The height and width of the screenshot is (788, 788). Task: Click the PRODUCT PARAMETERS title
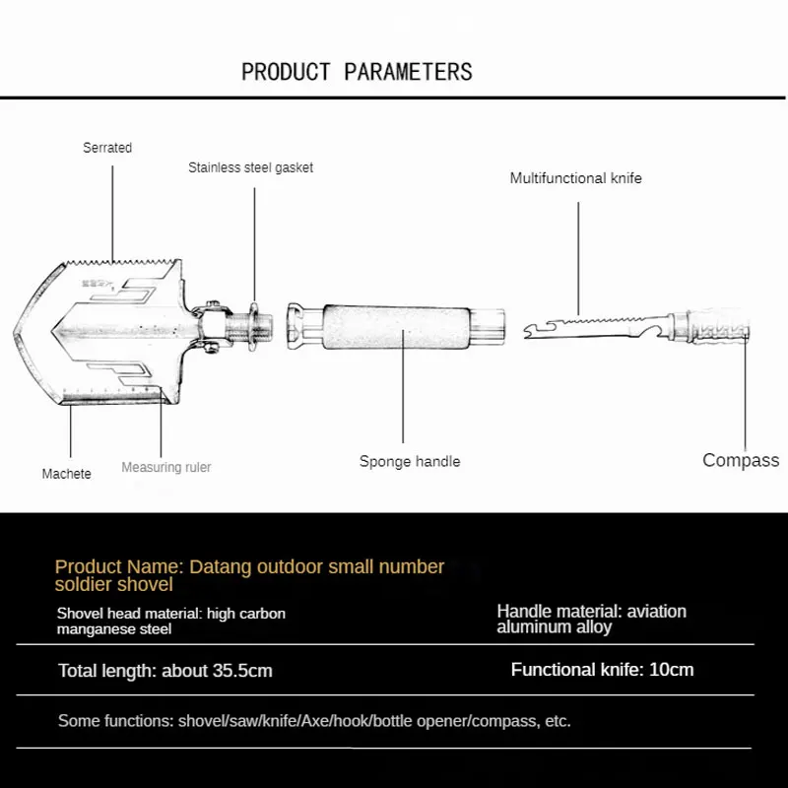point(357,72)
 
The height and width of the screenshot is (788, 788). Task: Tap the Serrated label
point(107,148)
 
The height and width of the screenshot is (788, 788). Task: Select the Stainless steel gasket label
point(250,167)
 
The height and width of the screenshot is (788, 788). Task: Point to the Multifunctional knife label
point(575,178)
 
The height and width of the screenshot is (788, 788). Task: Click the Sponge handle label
point(409,461)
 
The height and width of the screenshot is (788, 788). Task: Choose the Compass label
point(740,460)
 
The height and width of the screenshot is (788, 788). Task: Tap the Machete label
point(66,474)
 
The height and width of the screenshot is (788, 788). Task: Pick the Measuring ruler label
point(165,467)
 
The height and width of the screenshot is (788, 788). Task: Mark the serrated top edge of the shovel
point(123,263)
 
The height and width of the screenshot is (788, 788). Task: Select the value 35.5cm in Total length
point(242,671)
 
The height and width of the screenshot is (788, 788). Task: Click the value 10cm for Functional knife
point(672,670)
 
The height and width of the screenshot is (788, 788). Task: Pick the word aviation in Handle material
point(656,612)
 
